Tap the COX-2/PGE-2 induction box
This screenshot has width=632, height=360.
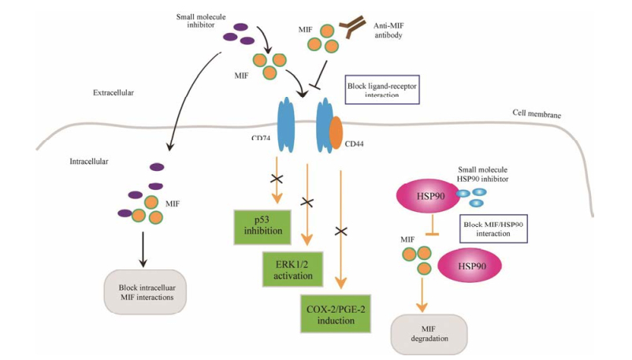pyautogui.click(x=337, y=314)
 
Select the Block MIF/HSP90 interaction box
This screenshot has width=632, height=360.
pyautogui.click(x=493, y=229)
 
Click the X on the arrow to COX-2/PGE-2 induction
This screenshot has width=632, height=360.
pyautogui.click(x=341, y=232)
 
